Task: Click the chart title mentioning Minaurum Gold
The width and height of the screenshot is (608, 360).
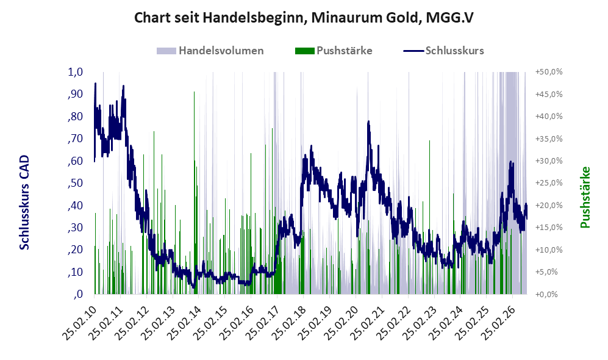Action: [304, 18]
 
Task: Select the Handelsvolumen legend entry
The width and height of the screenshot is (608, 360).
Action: [210, 51]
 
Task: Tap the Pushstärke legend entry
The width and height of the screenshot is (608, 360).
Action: [334, 51]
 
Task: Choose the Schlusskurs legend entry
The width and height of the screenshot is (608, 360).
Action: [443, 51]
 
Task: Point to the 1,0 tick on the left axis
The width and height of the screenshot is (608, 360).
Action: [76, 72]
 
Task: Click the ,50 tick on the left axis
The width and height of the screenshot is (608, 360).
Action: [76, 183]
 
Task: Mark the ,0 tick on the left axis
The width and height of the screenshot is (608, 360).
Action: [78, 294]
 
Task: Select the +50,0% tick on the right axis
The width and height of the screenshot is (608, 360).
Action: [549, 72]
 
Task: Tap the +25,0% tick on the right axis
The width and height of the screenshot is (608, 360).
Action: [549, 182]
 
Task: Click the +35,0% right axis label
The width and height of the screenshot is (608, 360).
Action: [549, 139]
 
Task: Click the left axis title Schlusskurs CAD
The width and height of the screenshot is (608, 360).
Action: [24, 203]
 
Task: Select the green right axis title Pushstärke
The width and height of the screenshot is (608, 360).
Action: [585, 197]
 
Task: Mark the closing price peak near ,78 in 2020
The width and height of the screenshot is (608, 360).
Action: [368, 122]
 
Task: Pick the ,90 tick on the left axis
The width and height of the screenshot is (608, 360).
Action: [76, 94]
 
